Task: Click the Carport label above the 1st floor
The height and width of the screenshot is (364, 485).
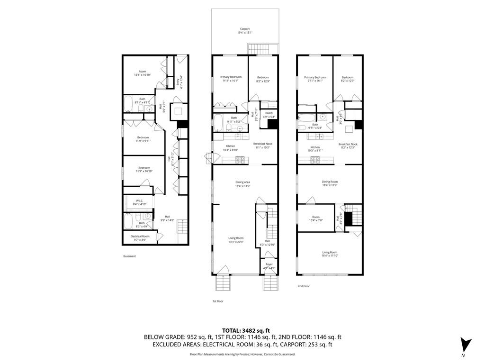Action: coord(245,31)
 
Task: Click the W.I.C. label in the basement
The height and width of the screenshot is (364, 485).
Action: coord(140,202)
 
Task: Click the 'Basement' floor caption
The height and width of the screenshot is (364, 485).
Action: coord(129,256)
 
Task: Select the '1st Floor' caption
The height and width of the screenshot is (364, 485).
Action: coord(217,301)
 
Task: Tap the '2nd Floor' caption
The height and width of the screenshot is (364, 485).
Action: coord(304,286)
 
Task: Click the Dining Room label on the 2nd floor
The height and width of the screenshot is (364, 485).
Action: coord(330,183)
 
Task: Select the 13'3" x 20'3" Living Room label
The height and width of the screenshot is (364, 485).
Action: coord(236,240)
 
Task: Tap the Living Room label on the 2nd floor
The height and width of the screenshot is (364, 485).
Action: coord(330,254)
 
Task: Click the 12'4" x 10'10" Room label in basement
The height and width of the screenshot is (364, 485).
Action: coord(142,73)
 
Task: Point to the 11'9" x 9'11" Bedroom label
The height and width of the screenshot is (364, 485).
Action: coord(143,139)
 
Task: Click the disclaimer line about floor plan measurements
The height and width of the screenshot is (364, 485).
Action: coord(242,354)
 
